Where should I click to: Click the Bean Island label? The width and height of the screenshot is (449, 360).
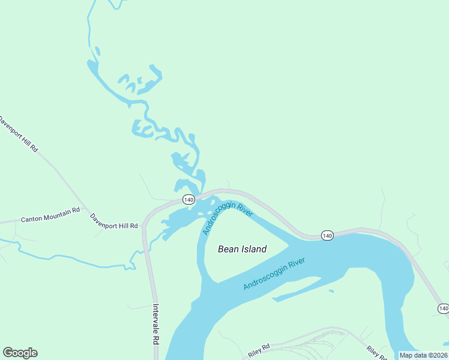tap(242, 249)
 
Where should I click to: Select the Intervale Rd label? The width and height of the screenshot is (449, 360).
tap(155, 324)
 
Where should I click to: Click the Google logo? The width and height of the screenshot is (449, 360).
tap(20, 353)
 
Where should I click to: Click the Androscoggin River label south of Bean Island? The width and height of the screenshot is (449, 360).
tap(274, 274)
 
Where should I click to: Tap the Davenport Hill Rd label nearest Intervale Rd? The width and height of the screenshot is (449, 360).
tap(114, 221)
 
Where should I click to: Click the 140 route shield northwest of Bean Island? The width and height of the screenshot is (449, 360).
tap(188, 199)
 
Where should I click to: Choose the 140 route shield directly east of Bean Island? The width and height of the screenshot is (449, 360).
tap(327, 235)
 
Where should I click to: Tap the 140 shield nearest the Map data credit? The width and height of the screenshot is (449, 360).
tap(443, 308)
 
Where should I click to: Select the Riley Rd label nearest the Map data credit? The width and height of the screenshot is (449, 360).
tap(377, 353)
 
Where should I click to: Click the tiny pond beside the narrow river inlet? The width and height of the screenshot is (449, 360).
tap(331, 292)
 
